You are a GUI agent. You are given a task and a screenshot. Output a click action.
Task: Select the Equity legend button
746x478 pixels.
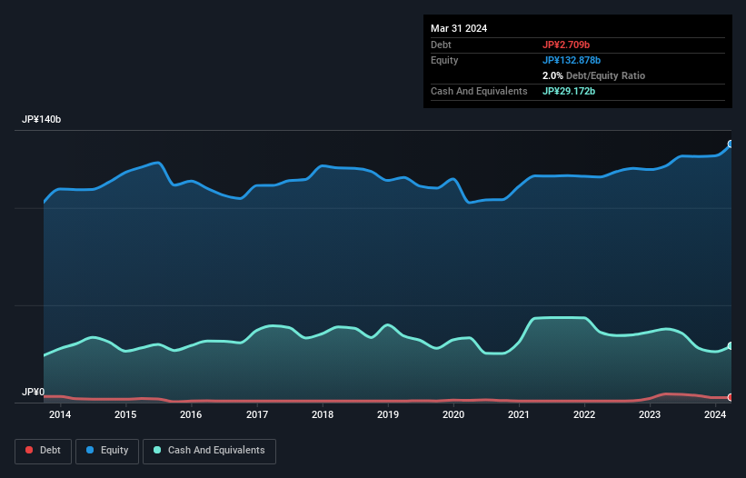[107, 451]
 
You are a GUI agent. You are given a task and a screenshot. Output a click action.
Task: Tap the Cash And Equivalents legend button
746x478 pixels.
[209, 451]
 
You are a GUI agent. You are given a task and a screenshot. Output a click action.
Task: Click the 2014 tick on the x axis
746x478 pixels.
[60, 415]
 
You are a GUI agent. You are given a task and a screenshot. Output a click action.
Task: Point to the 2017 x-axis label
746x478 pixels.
[257, 415]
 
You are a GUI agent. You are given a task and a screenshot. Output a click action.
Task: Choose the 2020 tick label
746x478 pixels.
[453, 415]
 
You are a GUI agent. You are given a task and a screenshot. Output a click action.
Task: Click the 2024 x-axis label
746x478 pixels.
[715, 415]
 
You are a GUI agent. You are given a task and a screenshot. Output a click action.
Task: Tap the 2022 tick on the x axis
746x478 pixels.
[584, 415]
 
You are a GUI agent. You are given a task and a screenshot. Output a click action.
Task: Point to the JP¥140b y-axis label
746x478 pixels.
[42, 120]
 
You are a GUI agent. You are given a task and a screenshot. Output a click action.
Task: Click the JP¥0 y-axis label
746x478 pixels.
[34, 393]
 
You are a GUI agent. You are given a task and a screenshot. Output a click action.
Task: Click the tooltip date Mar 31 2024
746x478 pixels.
[459, 28]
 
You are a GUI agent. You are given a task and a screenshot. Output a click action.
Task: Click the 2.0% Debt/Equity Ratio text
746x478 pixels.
[593, 75]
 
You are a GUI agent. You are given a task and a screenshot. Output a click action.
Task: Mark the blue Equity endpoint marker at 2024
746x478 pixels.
[731, 144]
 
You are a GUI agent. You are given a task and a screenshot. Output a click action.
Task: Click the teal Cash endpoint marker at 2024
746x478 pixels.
[731, 346]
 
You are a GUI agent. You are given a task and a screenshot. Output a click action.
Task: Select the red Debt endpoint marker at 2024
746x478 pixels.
[731, 397]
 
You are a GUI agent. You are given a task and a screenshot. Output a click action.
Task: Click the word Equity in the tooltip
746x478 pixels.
[444, 60]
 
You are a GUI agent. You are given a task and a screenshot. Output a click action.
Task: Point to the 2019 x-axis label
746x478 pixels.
[388, 415]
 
